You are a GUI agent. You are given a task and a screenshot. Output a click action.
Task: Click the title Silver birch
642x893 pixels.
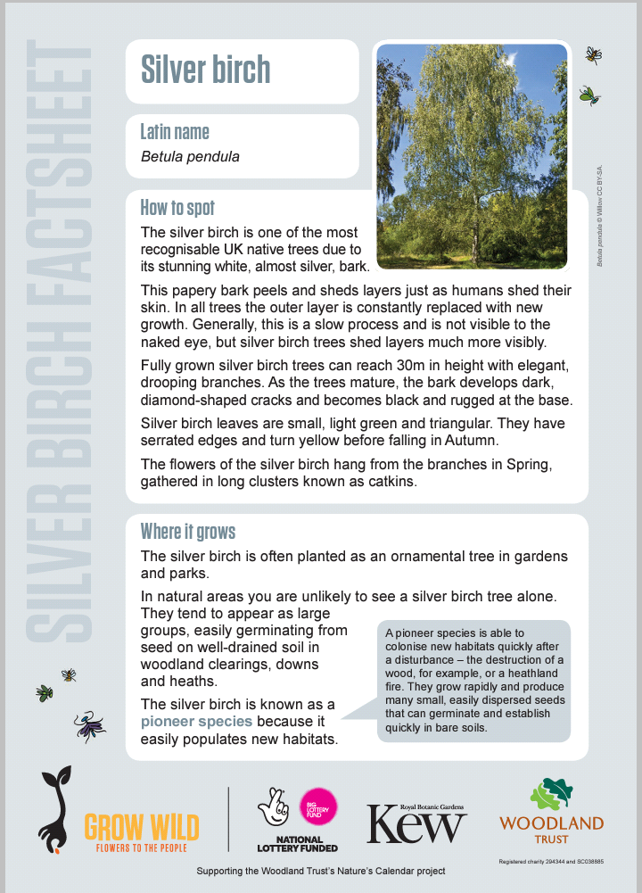tap(205, 70)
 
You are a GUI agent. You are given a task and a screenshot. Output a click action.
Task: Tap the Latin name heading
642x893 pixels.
tap(175, 132)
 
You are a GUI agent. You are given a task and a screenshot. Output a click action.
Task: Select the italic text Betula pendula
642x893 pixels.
tap(190, 157)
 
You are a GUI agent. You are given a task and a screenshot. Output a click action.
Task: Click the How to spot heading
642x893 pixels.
tap(177, 208)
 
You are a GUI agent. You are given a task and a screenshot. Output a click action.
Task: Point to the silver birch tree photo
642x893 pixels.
tap(472, 155)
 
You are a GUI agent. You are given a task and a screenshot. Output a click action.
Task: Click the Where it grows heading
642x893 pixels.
tap(188, 532)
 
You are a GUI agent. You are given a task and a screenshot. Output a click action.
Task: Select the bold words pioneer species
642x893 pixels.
tap(196, 721)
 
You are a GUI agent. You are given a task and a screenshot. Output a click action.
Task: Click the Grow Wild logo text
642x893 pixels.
tap(141, 828)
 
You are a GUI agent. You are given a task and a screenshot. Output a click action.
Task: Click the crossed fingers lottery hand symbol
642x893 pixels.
tap(273, 807)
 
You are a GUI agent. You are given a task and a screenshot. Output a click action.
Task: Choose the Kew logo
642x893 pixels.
tap(416, 823)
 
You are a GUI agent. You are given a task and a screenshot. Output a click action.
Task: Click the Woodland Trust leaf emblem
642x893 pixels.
tap(551, 795)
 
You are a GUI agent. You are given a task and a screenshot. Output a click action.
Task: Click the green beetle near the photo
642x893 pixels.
tap(588, 94)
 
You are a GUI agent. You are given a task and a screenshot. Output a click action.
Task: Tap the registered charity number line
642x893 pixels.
tap(551, 862)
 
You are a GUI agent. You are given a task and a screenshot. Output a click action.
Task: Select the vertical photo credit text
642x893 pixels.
tap(600, 215)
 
